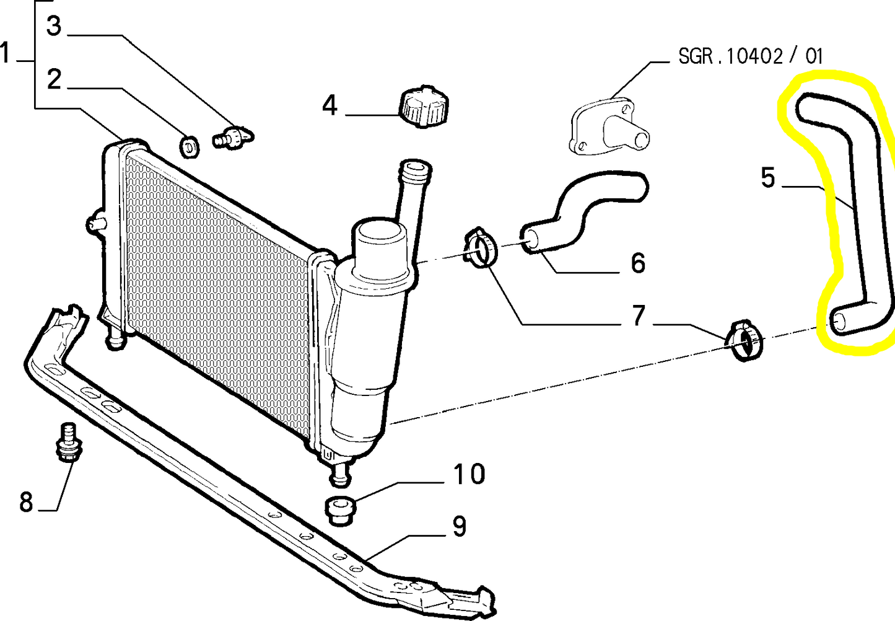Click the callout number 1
point(5,53)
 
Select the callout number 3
point(54,26)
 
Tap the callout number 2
point(55,79)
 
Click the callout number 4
point(330,106)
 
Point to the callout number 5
point(768,177)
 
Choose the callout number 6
point(638,263)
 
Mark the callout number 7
point(638,315)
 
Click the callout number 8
point(26,502)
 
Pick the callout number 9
point(460,526)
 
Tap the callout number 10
point(469,474)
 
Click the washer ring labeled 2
point(190,147)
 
